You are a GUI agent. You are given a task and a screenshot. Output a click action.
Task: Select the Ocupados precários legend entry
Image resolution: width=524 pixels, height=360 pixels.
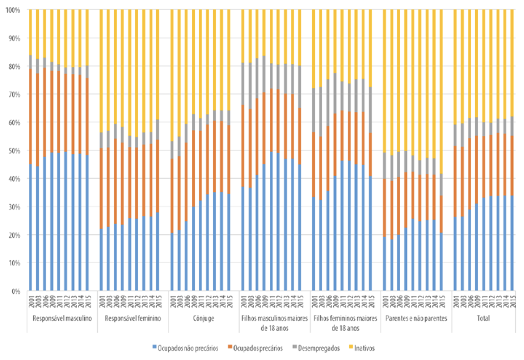point(257,348)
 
